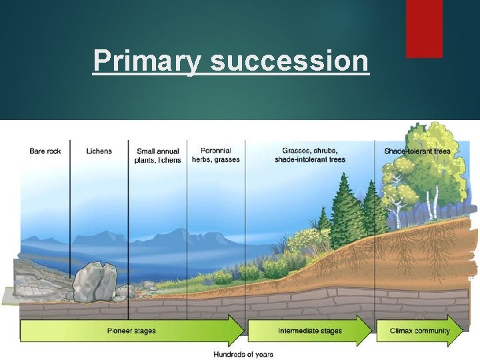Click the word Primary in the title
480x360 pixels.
coord(148,61)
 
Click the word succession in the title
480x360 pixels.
coord(289,61)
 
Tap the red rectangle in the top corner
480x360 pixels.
coord(424,28)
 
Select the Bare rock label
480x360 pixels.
coord(45,151)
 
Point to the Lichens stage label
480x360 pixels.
coord(99,151)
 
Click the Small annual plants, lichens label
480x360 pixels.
coord(158,156)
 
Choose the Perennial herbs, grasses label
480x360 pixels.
coord(215,155)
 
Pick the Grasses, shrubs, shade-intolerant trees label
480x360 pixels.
coord(309,155)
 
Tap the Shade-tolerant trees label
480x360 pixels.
coord(417,151)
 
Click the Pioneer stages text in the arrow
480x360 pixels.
coord(131,331)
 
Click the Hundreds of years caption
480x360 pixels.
coord(243,354)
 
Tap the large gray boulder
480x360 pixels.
coord(95,281)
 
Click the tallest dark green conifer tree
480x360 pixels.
coord(345,207)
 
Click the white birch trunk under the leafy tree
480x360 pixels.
coord(437,199)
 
